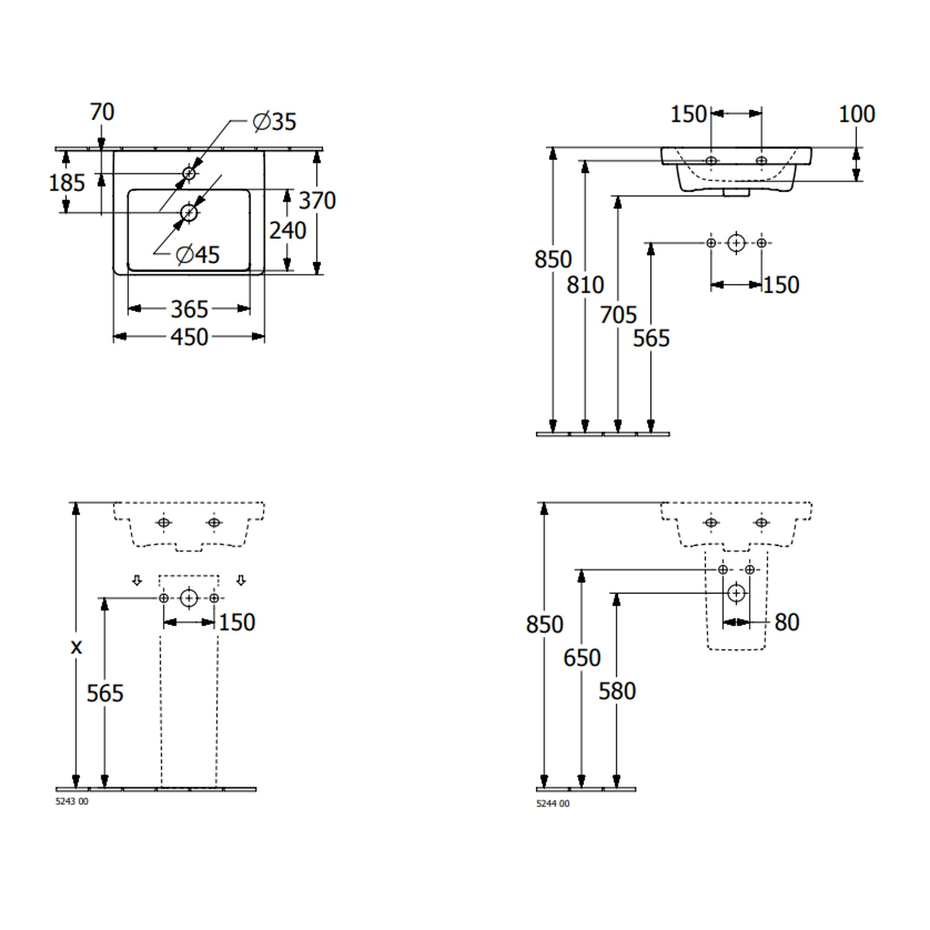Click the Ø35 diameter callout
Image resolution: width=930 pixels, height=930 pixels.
(x=275, y=121)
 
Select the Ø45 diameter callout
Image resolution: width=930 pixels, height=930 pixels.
(x=198, y=254)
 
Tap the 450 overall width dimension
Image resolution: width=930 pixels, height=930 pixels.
(x=189, y=337)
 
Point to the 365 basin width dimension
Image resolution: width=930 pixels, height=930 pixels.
(x=189, y=309)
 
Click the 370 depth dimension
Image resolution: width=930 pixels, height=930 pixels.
(x=317, y=200)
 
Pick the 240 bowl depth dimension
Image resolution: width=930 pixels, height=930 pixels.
(x=288, y=231)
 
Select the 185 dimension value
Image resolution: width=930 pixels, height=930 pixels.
(x=66, y=183)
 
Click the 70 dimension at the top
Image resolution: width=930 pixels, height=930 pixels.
(x=102, y=112)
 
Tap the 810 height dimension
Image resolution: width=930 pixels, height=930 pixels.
(x=585, y=285)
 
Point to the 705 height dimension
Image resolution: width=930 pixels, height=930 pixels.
(x=618, y=315)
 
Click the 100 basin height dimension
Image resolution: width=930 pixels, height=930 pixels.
(x=856, y=114)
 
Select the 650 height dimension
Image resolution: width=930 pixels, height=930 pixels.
(x=582, y=658)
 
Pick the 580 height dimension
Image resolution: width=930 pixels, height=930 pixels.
(x=617, y=691)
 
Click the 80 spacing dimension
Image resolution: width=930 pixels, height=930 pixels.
(x=787, y=622)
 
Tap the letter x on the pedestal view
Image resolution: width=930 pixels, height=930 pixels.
(x=76, y=647)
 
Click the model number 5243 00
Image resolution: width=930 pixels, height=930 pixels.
(x=72, y=802)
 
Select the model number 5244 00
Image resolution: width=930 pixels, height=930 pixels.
(x=552, y=804)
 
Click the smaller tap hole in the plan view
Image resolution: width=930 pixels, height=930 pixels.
(x=189, y=174)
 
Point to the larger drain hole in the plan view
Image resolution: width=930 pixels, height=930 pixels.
(x=189, y=213)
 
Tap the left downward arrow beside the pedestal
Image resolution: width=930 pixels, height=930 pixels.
(x=137, y=580)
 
